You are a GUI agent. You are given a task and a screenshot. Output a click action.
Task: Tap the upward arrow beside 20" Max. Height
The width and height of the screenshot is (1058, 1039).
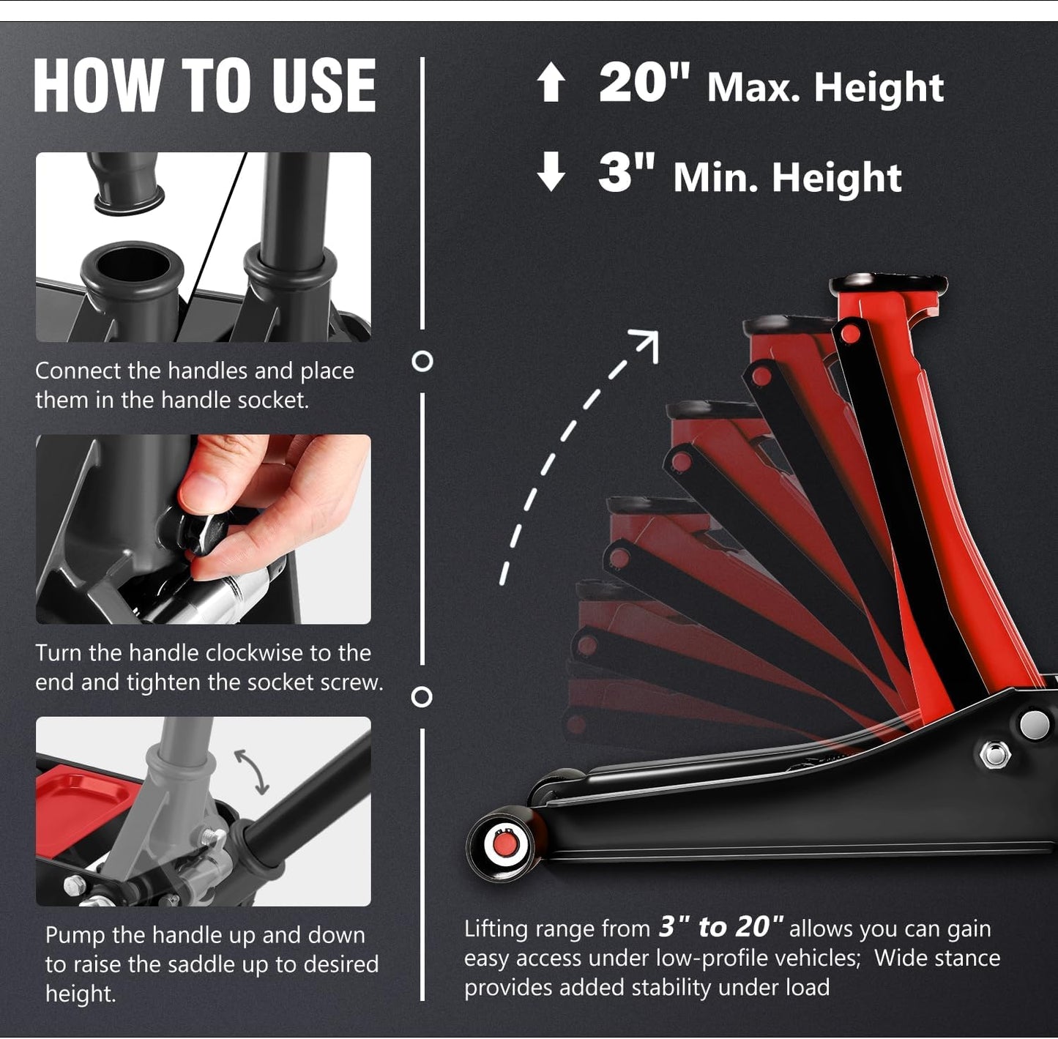coord(551,82)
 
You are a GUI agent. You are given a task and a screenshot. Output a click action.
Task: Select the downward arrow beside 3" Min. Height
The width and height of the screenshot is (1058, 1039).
coord(551,171)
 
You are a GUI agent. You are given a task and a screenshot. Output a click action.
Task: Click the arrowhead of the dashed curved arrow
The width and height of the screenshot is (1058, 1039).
coord(647,343)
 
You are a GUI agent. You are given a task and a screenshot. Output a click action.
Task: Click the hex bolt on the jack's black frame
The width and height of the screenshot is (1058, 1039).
coord(994,754)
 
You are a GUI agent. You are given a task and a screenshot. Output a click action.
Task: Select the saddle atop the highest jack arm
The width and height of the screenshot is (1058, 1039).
coord(888,285)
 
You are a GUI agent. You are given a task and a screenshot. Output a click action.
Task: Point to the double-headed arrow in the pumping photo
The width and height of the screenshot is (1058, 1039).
coord(252,772)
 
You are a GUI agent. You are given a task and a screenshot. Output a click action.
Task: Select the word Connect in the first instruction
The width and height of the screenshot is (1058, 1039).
coord(78,371)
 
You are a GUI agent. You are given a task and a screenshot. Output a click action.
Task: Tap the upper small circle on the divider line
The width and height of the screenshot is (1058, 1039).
coord(422,362)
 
